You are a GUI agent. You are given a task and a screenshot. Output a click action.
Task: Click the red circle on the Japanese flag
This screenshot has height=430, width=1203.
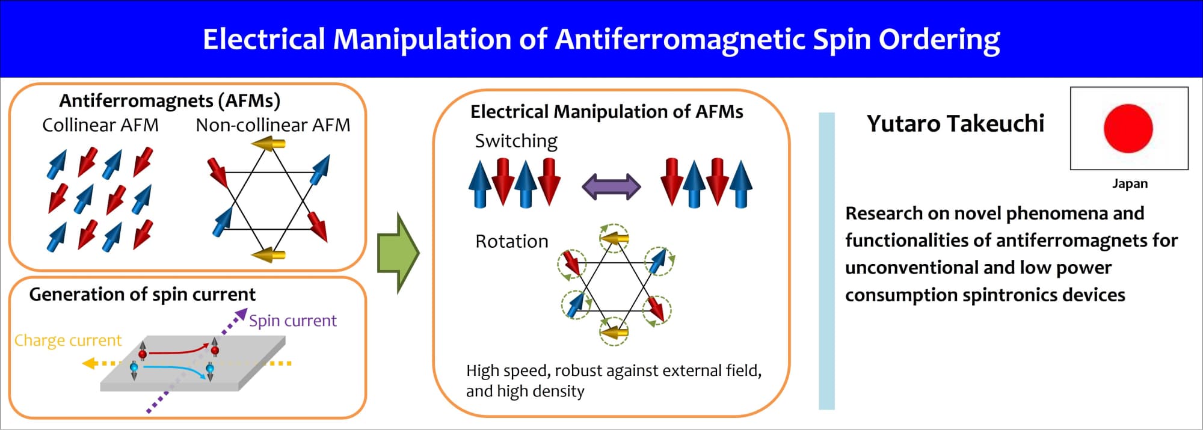point(1128,128)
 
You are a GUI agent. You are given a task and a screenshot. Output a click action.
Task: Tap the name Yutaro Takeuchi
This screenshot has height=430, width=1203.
point(955,123)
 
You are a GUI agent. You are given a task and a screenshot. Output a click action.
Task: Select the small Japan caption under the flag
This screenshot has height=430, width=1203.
point(1130,183)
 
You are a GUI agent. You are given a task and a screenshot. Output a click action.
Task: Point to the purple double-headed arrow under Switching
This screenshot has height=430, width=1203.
point(611,186)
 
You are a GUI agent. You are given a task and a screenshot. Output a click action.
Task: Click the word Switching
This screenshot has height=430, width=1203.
point(516,141)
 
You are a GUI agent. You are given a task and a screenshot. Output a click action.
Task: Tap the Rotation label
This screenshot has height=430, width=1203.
point(512,241)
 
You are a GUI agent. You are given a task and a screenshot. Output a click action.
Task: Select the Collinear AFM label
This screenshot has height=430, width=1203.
point(100,125)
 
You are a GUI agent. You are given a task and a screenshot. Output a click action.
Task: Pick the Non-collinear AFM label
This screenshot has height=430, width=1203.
point(273,125)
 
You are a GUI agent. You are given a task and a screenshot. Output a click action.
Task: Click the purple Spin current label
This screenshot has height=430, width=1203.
point(293,321)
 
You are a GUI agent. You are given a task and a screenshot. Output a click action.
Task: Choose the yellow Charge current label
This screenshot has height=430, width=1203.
point(68,340)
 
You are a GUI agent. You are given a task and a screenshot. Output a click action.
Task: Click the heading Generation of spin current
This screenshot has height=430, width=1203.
point(143,294)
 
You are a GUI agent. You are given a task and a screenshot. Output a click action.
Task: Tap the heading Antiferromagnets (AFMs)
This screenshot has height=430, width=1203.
point(170,100)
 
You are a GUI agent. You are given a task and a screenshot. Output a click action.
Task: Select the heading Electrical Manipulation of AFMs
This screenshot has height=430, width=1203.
point(607,111)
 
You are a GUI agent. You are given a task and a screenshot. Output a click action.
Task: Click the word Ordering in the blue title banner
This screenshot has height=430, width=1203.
point(940,40)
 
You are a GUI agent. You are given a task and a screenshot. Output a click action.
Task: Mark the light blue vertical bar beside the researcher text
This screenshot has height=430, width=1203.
point(827,261)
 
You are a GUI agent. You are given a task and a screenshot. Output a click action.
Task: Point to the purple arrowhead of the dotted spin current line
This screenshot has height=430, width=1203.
point(241,315)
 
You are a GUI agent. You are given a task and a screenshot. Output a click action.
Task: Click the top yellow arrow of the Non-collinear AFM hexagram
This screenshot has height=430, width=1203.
point(268,144)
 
